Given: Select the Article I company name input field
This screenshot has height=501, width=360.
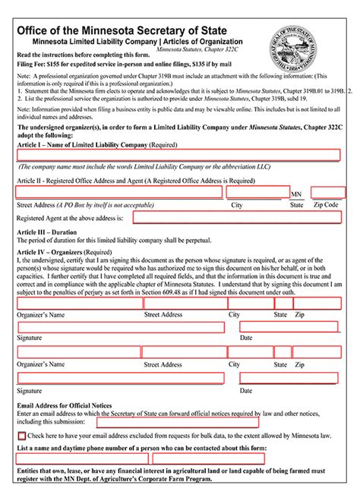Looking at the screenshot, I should coord(178,155).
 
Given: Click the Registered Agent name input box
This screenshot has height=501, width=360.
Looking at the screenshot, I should coord(236,217).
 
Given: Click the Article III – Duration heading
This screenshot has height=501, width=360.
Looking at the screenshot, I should coord(46,233).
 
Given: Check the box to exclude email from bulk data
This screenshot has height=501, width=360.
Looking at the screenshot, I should coord(21,436).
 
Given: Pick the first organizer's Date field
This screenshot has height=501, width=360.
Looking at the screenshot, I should coord(289,328).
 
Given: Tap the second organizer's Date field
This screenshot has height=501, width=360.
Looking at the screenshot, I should coord(289,378).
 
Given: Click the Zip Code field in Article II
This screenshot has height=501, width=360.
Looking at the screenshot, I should coord(328,193).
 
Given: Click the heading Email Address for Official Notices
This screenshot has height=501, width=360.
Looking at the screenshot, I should coord(64,405).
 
